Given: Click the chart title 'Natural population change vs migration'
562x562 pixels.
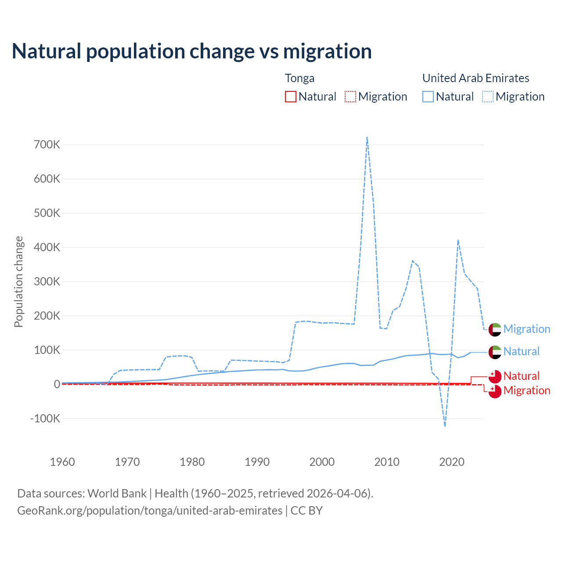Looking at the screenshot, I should (x=191, y=51).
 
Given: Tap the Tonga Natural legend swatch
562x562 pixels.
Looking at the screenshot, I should (x=291, y=97).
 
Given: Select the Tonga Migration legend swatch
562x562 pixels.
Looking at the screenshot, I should (x=350, y=97).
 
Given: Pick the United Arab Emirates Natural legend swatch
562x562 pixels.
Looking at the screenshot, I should (x=428, y=97).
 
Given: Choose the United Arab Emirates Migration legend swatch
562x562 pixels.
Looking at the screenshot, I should (x=488, y=97).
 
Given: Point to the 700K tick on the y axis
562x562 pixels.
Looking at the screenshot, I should (x=47, y=144).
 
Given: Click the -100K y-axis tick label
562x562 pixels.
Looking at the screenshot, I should (x=45, y=418).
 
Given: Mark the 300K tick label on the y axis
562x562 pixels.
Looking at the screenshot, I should (x=47, y=281).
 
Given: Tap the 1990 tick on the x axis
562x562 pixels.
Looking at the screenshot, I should (x=257, y=462).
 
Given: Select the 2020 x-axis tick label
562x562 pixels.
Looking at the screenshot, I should (x=452, y=462).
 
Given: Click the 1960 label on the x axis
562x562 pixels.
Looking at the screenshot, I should (x=62, y=462).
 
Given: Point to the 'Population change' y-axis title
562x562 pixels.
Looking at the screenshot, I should (x=18, y=281).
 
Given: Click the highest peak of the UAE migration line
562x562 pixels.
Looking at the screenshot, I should (x=367, y=137).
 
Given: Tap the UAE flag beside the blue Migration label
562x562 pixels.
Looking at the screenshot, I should (x=495, y=329).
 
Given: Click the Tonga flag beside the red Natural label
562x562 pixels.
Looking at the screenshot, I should (x=495, y=376).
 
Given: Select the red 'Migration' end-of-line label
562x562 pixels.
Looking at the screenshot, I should (x=526, y=390).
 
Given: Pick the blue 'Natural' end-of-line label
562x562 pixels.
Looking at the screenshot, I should (x=521, y=351).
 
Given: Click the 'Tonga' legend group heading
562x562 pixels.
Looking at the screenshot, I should (x=299, y=78).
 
